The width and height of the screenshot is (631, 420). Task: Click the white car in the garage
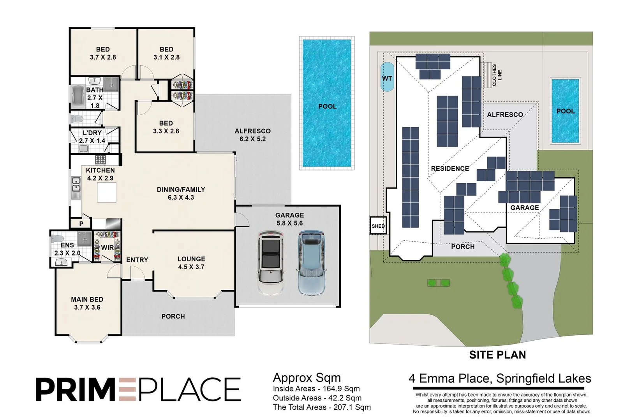271,263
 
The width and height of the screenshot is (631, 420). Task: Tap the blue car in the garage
312,263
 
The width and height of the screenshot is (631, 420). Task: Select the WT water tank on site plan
387,77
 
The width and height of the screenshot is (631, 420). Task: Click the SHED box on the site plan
378,226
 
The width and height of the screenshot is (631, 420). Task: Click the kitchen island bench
106,192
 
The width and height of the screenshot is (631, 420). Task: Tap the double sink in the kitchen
76,184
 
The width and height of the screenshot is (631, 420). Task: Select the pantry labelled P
81,224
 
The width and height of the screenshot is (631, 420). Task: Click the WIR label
107,247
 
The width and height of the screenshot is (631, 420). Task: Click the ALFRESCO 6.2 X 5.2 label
252,135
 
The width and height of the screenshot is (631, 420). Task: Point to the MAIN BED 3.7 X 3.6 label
87,303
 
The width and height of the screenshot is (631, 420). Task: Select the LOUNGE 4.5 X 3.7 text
191,263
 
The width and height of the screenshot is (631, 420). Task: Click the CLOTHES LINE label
497,75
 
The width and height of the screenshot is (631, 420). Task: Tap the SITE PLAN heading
497,355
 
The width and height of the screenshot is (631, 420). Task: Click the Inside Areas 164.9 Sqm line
316,388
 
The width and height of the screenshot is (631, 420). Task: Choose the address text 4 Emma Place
500,378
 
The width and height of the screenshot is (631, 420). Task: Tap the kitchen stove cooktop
100,159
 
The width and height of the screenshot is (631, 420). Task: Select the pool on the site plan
565,111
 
